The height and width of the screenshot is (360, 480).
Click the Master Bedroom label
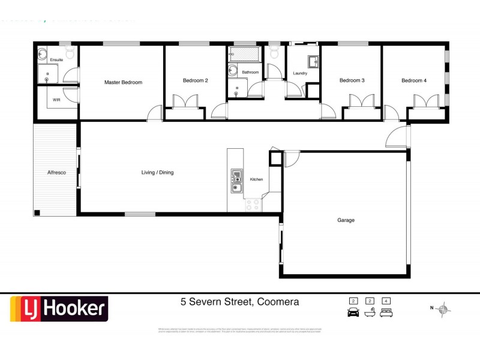tap(123, 82)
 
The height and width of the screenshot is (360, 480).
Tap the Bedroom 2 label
tap(195, 80)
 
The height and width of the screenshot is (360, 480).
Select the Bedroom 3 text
tap(352, 80)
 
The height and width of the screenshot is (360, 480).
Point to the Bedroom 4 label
tap(414, 80)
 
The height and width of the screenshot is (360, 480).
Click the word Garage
tap(346, 220)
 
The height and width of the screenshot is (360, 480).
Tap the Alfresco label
tap(56, 173)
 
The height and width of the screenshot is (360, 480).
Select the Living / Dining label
tap(157, 173)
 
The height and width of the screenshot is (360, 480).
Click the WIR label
tap(56, 100)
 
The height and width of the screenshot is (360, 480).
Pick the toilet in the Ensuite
tap(70, 53)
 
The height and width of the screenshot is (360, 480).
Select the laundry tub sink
tap(313, 62)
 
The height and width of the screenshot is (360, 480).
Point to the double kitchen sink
tap(236, 182)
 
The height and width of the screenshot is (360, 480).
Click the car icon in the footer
tap(353, 312)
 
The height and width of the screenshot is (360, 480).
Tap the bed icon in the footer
tap(387, 312)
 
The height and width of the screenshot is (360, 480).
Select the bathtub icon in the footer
tap(370, 312)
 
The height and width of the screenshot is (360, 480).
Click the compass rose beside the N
tap(443, 310)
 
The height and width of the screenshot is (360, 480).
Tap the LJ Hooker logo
tap(58, 309)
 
